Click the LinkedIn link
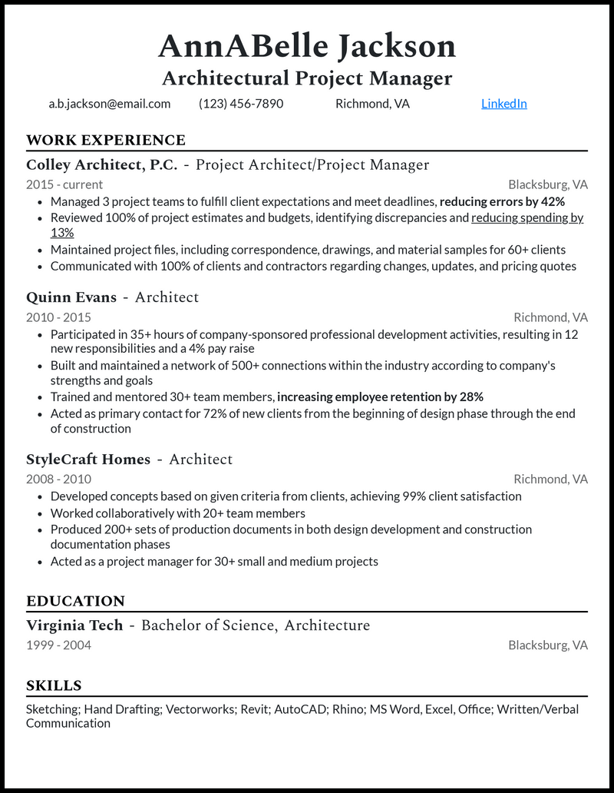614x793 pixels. point(503,104)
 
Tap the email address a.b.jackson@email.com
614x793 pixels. point(109,104)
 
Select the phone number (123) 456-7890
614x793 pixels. point(241,104)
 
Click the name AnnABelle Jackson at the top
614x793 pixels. point(307,47)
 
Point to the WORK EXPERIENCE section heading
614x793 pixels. point(106,140)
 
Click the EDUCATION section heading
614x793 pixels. point(75,601)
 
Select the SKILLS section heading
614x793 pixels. point(54,685)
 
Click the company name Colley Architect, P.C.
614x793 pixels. point(102,164)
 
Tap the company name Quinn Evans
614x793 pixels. point(71,297)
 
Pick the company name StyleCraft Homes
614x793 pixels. point(88,459)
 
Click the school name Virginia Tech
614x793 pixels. point(74,625)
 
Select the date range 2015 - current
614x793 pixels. point(64,184)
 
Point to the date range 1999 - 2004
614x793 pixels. point(58,645)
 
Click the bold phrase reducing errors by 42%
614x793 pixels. point(502,201)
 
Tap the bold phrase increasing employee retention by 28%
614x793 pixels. point(380,397)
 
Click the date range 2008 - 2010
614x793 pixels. point(58,479)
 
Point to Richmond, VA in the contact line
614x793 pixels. point(372,104)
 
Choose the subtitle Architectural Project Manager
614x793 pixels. point(307,78)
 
